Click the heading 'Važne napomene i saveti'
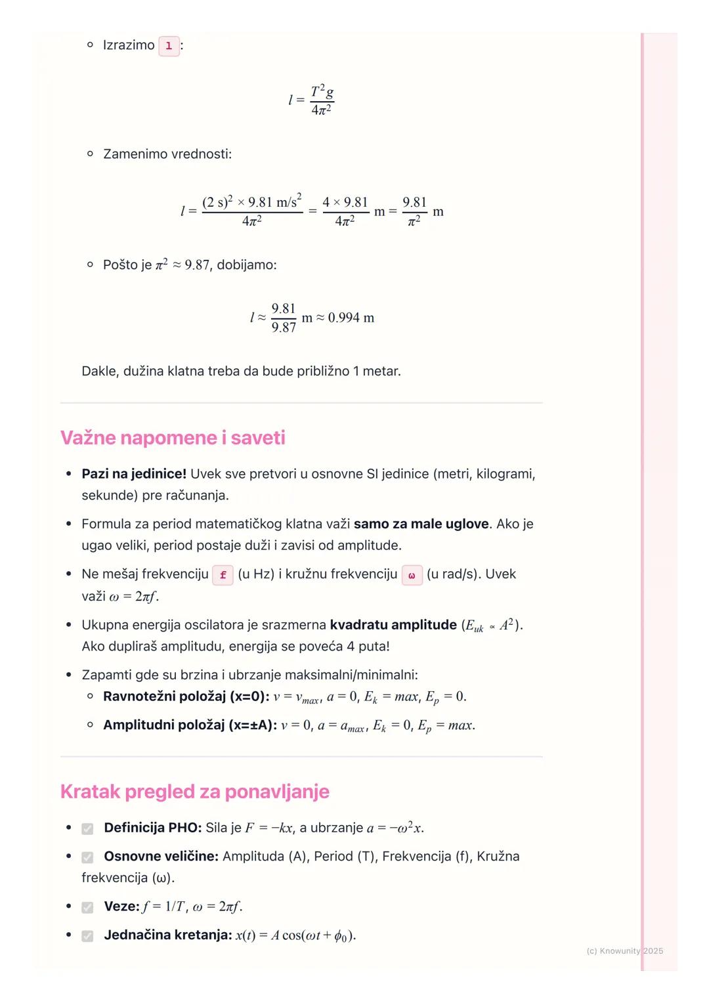click(173, 438)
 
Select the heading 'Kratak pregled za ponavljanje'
click(194, 792)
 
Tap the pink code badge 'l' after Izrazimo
click(169, 46)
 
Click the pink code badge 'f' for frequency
click(223, 575)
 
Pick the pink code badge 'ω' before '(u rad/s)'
click(412, 575)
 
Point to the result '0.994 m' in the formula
click(351, 318)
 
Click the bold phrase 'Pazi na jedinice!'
click(134, 474)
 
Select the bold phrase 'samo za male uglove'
click(421, 524)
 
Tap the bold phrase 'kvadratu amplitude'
click(393, 625)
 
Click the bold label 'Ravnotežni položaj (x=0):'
click(186, 696)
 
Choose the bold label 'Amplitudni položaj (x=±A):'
click(190, 725)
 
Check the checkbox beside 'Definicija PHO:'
click(87, 829)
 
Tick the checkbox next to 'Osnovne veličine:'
click(87, 857)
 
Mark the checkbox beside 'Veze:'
click(87, 907)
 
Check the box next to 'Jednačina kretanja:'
click(87, 936)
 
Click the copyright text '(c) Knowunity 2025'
click(624, 950)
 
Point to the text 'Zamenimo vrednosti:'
click(167, 154)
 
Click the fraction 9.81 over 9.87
click(284, 318)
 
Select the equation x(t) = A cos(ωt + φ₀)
click(295, 935)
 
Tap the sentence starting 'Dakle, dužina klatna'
click(241, 372)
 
